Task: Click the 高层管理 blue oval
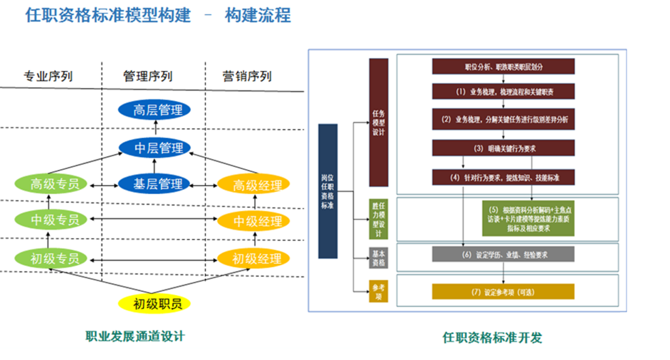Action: click(154, 109)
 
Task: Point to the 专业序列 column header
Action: click(48, 76)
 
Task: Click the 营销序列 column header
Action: click(247, 76)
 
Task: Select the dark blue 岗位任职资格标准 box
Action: click(328, 191)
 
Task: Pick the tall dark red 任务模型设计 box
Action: click(378, 122)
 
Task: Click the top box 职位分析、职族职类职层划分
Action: click(503, 66)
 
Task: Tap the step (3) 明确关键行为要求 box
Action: click(503, 148)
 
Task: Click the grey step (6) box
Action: click(503, 255)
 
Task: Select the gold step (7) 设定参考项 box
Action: click(503, 292)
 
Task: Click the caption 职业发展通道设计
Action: click(135, 336)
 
